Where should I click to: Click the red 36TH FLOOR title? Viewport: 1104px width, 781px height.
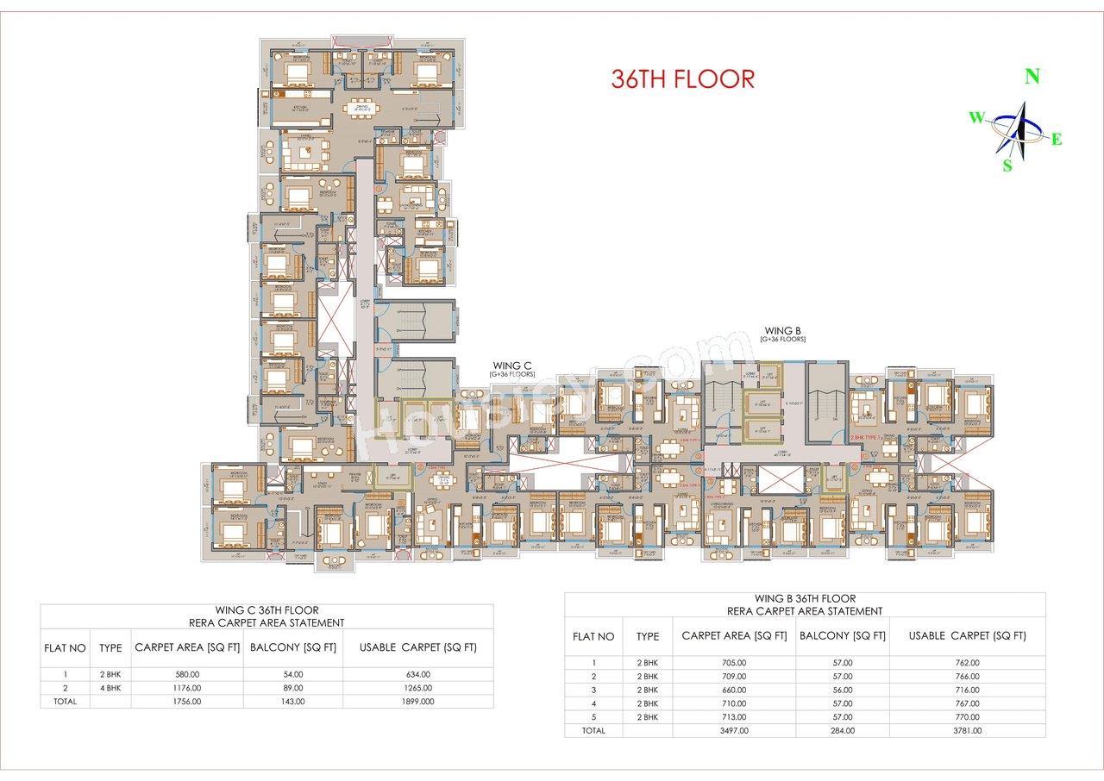[x=682, y=78]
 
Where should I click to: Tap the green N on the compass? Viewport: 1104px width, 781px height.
[x=1031, y=77]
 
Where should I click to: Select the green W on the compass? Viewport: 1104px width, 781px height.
[x=976, y=118]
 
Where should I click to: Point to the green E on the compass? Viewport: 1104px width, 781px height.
[x=1056, y=140]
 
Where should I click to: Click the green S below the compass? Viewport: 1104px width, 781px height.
[x=1007, y=166]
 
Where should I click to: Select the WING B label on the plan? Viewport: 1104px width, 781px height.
[x=782, y=330]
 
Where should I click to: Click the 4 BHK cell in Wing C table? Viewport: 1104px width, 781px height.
[x=110, y=688]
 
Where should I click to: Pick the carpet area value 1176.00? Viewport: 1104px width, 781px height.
[x=187, y=688]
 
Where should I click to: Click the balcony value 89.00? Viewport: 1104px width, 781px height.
[x=292, y=688]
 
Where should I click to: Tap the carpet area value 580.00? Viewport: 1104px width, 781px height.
[x=187, y=674]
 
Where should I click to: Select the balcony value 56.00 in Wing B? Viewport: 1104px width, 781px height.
[x=842, y=690]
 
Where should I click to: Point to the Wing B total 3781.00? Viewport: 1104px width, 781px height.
[x=968, y=731]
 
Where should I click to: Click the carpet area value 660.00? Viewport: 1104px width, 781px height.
[x=734, y=690]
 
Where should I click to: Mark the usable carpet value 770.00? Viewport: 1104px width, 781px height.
[x=968, y=717]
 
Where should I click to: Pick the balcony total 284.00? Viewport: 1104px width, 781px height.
[x=842, y=731]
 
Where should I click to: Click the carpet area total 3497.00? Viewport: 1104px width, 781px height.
[x=734, y=731]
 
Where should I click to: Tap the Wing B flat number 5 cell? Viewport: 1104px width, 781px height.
[x=593, y=717]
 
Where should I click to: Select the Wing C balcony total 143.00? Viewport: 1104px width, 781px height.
[x=292, y=702]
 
